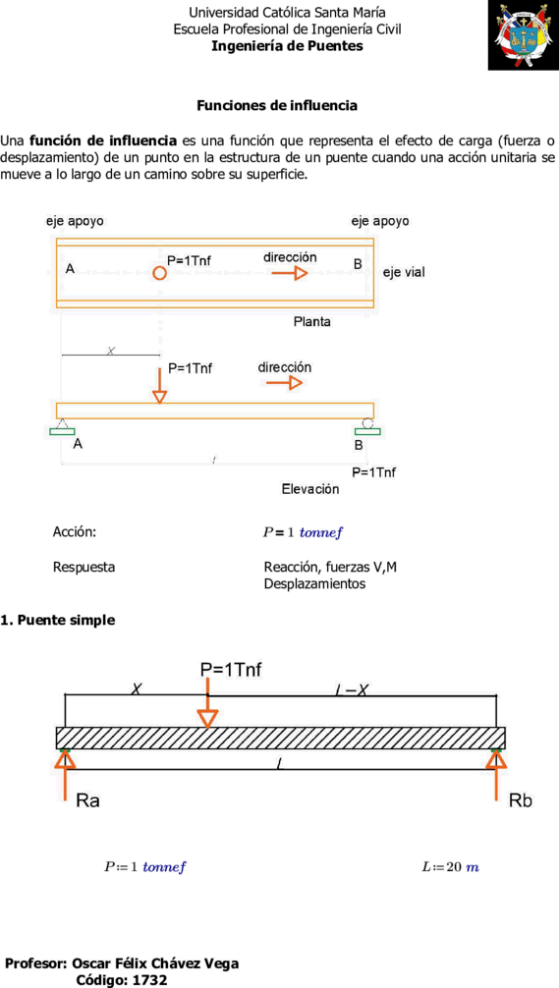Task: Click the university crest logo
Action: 523,35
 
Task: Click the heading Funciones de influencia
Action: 277,106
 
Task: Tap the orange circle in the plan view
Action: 160,273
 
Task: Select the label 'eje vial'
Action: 404,273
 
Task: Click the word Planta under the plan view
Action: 312,322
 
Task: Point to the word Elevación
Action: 310,489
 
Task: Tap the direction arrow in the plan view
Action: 290,273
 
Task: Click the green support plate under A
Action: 62,431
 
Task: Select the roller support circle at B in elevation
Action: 368,424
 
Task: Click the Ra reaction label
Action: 88,801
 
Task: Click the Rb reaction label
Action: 520,801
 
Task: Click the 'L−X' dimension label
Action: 353,690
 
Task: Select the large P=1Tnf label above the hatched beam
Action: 231,670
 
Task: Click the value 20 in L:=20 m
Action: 454,867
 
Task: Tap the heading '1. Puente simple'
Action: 58,620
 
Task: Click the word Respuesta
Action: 84,567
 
